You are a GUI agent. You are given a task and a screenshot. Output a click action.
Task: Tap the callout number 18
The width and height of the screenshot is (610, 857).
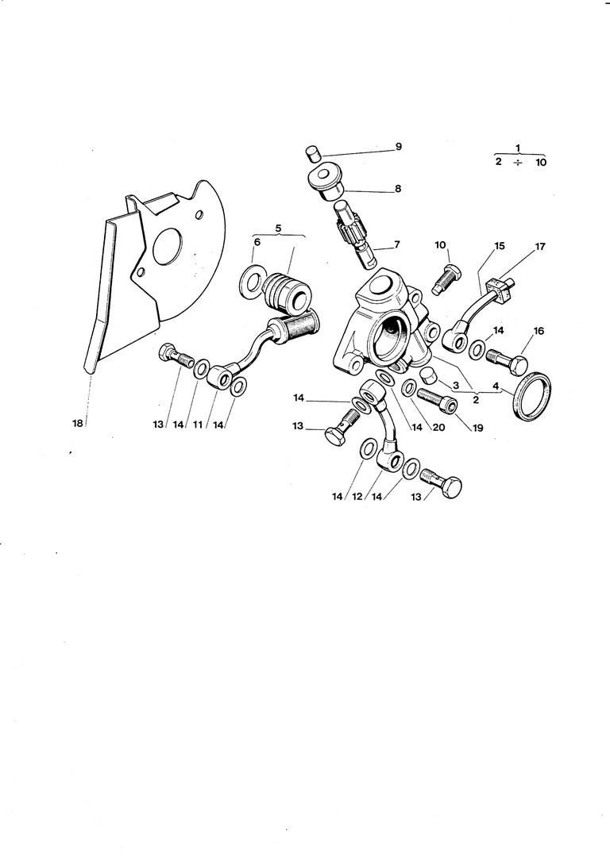coord(78,424)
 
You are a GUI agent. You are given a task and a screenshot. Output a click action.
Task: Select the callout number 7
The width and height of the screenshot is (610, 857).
coord(397,245)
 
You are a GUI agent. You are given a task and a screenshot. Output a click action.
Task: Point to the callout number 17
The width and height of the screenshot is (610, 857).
coord(540,246)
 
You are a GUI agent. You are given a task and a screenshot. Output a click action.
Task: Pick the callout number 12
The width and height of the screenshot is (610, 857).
coord(357,497)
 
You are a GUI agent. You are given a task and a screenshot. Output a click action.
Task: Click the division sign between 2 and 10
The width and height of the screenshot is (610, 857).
coord(519,162)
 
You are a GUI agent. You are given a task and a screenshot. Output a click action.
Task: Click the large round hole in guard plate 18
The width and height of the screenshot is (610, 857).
coord(168,247)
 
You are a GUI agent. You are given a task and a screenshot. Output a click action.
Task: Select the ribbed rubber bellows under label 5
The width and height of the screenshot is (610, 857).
coord(283,291)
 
